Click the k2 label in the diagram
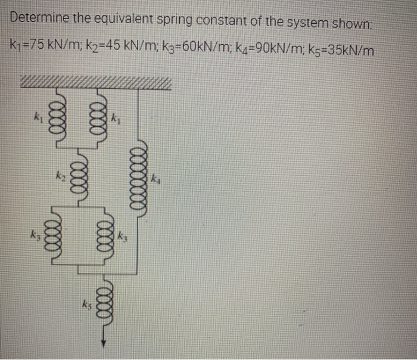[60, 176]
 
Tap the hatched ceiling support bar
[95, 82]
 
